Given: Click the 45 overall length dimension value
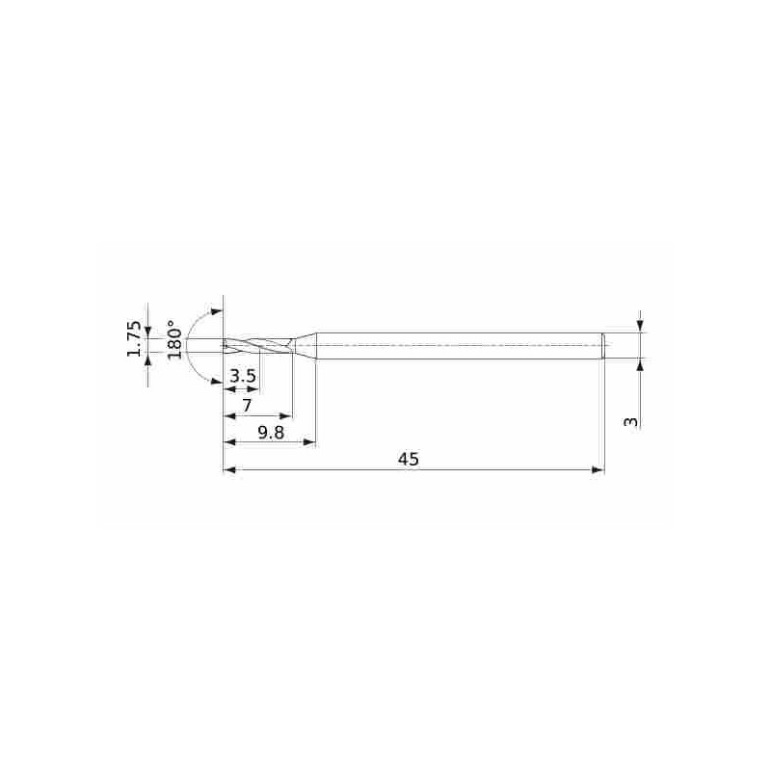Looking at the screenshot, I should point(408,460).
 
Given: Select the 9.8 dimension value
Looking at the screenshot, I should point(273,433).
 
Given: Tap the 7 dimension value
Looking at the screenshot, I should point(247,406).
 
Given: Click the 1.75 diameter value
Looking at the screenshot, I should point(135,339).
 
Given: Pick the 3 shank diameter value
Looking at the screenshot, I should point(630,421).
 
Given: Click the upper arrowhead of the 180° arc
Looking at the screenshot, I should point(217,312).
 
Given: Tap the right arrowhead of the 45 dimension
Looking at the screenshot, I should point(598,470).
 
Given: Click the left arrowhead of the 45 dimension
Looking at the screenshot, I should point(229,470).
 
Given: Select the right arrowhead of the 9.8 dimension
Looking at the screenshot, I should point(310,442).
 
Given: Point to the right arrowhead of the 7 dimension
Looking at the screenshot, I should point(286,416).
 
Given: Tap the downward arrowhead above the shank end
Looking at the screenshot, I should point(640,327).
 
